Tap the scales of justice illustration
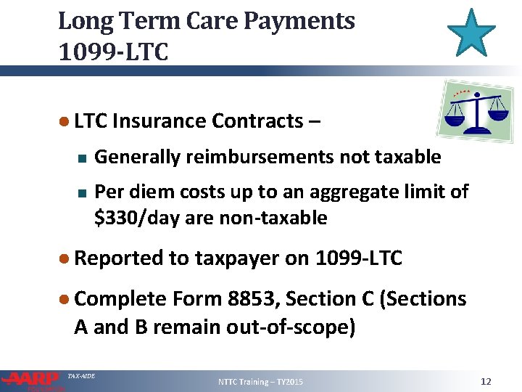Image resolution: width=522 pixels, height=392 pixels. (x=477, y=110)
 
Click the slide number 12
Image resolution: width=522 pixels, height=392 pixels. (x=486, y=381)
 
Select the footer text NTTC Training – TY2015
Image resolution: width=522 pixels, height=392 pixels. (x=260, y=382)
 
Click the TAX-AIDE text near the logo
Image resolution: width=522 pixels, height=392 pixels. (x=80, y=375)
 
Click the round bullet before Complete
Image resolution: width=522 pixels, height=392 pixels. (x=64, y=298)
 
